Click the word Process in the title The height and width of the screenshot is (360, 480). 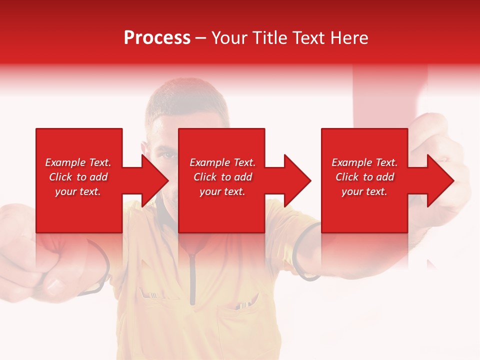click(157, 38)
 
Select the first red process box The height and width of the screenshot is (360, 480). click(79, 150)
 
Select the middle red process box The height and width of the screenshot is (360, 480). click(221, 150)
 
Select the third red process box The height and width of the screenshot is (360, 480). click(364, 150)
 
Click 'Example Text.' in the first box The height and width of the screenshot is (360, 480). click(78, 162)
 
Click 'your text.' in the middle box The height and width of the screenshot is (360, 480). click(222, 191)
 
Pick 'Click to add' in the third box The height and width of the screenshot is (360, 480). click(364, 177)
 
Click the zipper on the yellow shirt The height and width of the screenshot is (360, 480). click(192, 275)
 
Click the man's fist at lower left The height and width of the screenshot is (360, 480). click(40, 270)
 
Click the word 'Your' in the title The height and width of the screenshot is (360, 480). click(229, 38)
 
